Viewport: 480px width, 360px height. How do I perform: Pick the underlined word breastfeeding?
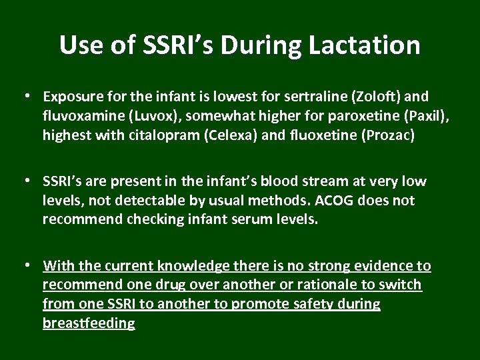[89, 323]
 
